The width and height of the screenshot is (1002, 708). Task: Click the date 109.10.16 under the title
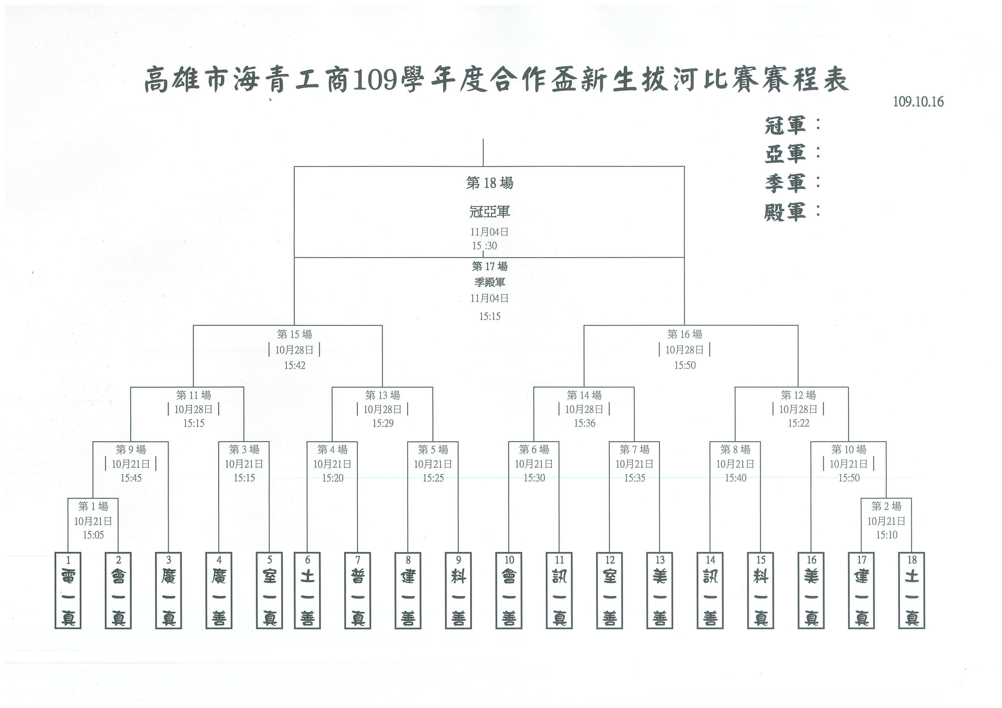tap(918, 102)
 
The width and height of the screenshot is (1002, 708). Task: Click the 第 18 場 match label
tap(490, 183)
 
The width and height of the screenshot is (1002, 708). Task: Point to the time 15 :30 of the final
tap(484, 246)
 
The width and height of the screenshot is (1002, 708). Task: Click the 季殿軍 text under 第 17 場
tap(490, 282)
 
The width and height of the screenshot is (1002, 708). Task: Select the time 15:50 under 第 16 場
tap(685, 365)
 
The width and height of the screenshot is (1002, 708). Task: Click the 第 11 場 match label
tap(194, 395)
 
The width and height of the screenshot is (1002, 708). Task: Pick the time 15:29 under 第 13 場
tap(383, 423)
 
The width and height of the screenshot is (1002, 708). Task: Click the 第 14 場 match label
tap(584, 395)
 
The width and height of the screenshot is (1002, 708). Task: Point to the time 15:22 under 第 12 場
tap(799, 423)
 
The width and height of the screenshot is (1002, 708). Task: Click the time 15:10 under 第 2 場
tap(887, 535)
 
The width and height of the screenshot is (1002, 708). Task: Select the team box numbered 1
tap(68, 590)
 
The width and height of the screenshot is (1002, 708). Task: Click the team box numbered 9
tap(458, 590)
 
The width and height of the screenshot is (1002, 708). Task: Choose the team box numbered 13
tap(660, 590)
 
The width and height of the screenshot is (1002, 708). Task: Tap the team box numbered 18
tap(912, 590)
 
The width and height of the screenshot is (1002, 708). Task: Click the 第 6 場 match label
tap(534, 449)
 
